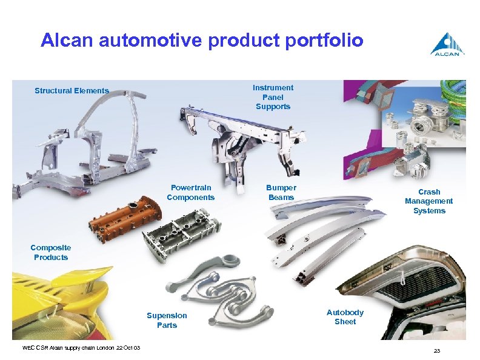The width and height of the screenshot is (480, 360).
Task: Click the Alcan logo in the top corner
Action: pos(447,44)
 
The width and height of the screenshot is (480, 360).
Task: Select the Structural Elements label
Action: pos(72,91)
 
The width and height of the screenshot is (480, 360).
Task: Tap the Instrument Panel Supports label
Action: pos(273,97)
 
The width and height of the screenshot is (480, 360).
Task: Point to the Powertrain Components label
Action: pos(190,193)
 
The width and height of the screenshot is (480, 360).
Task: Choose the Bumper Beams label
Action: pos(281,193)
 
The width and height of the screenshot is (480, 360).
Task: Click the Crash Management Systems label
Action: pos(428,201)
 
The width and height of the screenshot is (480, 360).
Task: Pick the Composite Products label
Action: pos(51,252)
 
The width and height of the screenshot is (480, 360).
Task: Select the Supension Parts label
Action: pos(167,320)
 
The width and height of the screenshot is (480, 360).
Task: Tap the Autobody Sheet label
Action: pos(345,317)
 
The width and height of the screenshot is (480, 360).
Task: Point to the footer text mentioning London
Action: pos(81,347)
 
